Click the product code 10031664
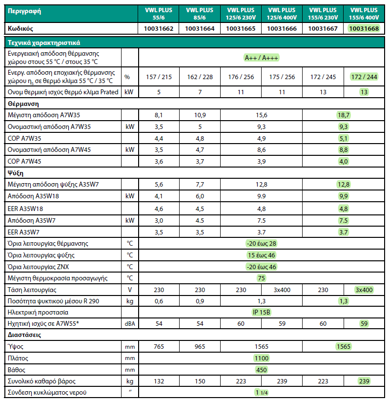point(200,29)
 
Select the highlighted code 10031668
point(364,29)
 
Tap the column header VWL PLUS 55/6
point(159,13)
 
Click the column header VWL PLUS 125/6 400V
point(282,13)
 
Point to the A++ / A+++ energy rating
point(261,58)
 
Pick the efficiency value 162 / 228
point(200,77)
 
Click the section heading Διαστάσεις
point(24,335)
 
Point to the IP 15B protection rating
point(261,312)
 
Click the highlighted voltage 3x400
point(364,290)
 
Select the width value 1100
point(261,358)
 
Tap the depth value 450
point(261,370)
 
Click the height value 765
point(159,346)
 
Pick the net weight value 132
point(159,381)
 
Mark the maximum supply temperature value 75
point(261,278)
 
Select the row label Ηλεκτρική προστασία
point(38,312)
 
